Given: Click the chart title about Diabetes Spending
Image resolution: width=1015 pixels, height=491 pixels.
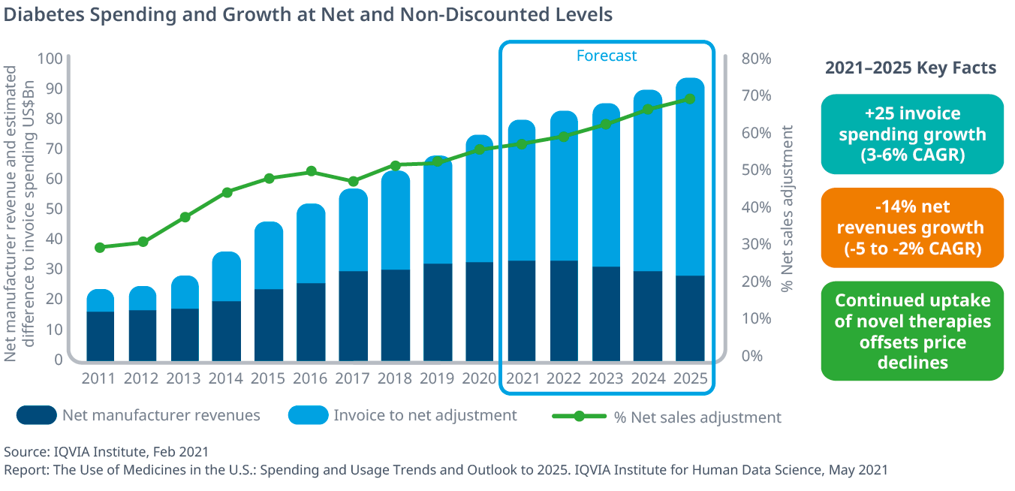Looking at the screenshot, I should [x=308, y=14].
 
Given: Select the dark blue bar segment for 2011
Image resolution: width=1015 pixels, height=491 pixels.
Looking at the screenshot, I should [x=101, y=335].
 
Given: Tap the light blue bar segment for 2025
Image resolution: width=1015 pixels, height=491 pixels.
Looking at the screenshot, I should [x=690, y=177].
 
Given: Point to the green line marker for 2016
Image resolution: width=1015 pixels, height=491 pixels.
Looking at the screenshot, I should [x=312, y=172].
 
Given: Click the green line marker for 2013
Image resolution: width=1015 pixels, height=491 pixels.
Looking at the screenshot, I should [x=185, y=218].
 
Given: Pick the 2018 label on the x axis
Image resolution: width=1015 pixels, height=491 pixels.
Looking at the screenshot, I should [x=396, y=378].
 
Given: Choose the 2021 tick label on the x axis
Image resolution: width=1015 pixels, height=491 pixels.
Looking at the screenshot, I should [x=523, y=378].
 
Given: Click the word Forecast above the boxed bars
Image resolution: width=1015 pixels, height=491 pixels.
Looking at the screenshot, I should [x=607, y=56].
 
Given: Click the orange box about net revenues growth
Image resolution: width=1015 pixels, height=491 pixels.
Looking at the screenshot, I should [x=912, y=227].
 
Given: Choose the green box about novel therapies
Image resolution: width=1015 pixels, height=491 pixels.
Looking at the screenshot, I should [x=912, y=331].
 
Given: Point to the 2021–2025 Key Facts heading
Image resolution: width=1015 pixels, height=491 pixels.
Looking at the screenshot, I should [x=911, y=68].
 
